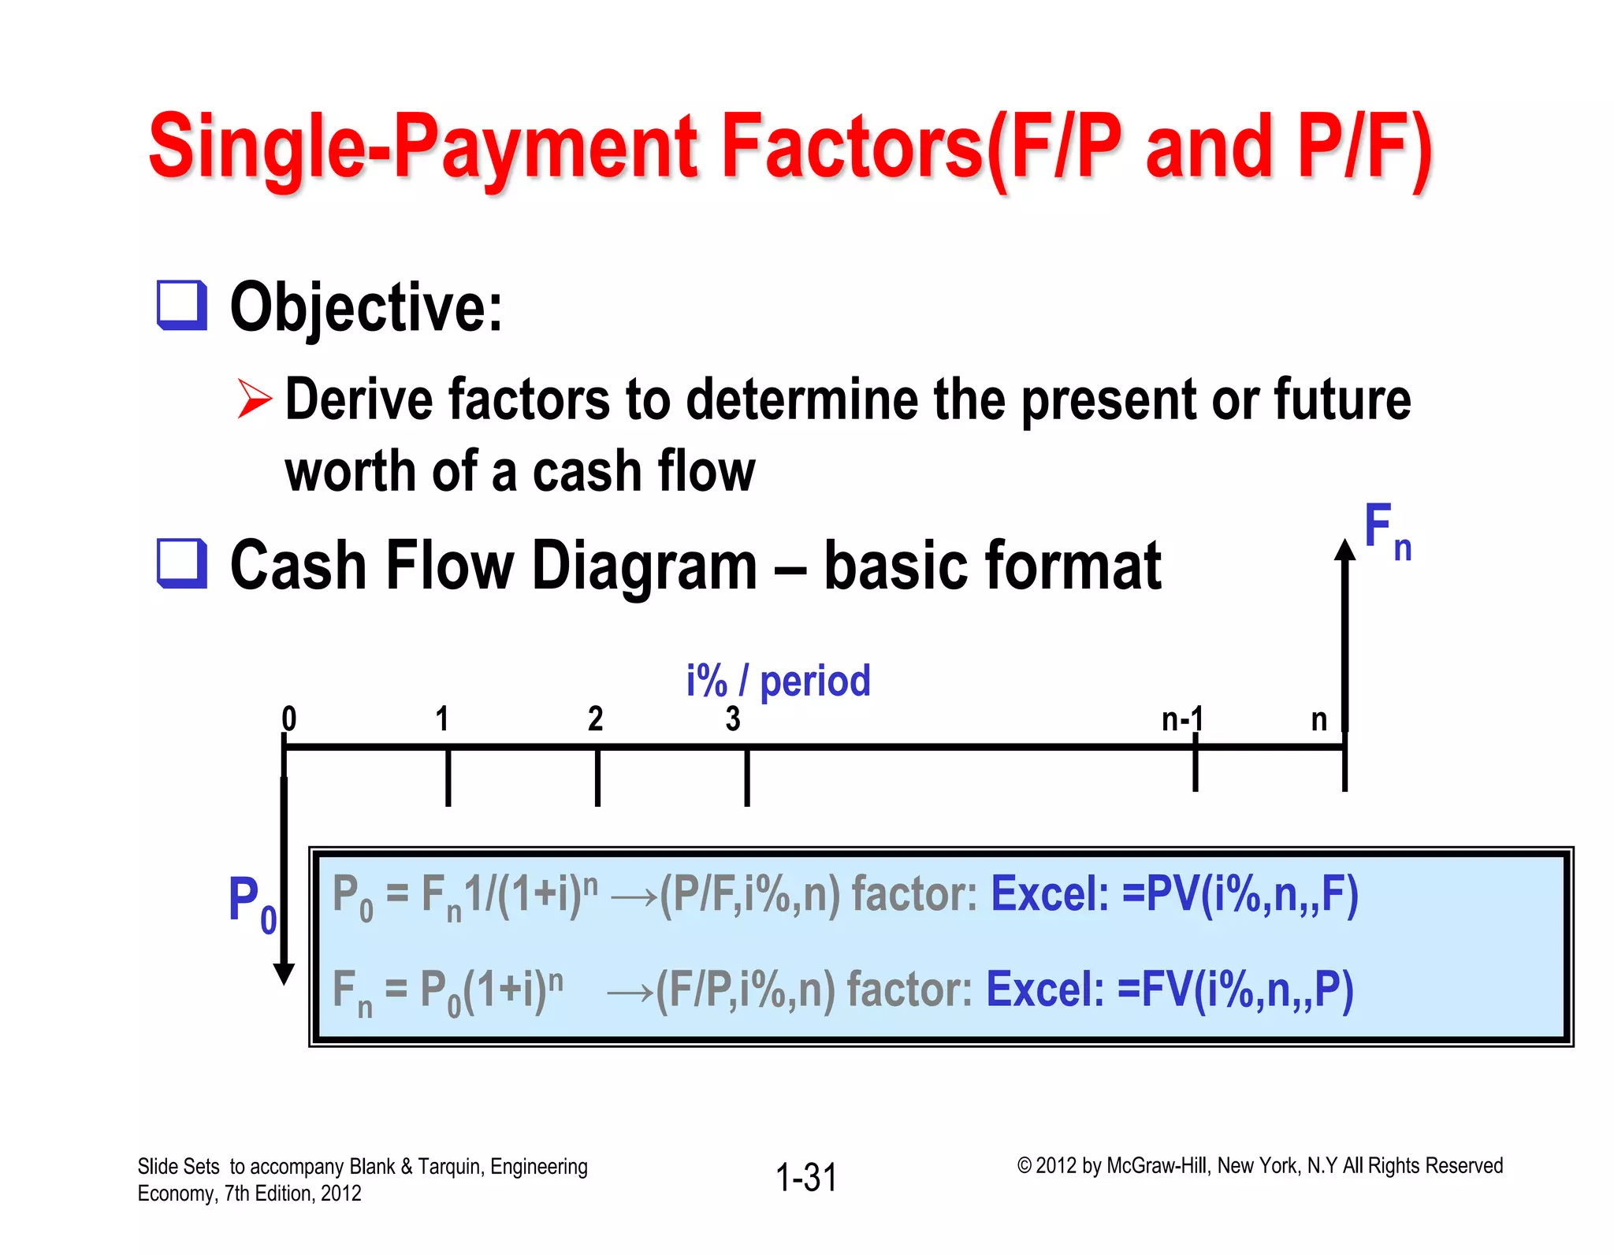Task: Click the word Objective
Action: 365,308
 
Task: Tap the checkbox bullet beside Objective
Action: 181,305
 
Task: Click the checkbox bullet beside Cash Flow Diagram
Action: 181,563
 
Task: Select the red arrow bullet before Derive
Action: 254,399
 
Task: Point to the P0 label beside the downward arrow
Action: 251,902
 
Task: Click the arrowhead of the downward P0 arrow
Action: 284,974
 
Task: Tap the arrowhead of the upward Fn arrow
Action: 1344,550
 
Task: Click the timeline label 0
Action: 289,718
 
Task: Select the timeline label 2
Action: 595,718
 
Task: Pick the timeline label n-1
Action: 1182,718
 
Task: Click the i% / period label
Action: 778,681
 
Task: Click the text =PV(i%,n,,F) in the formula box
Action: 1240,896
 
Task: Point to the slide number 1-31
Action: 805,1178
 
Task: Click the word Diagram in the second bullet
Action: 644,566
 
